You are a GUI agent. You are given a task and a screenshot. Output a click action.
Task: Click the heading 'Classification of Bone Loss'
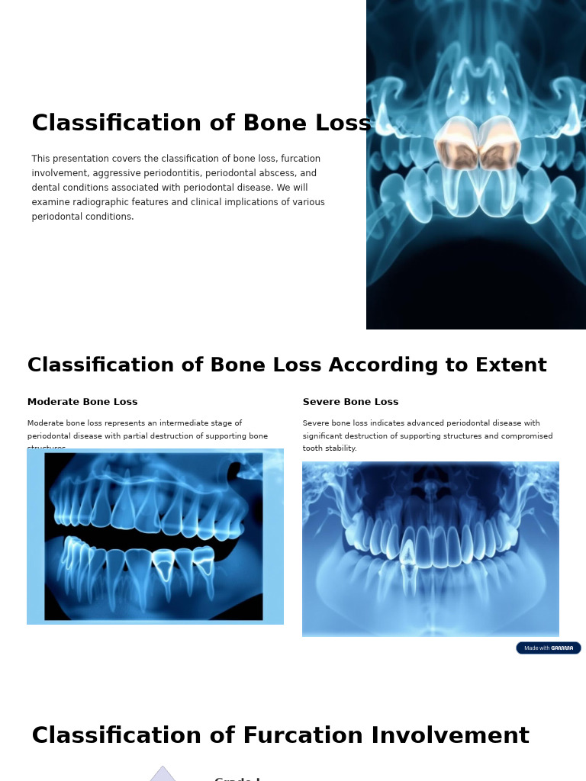tap(201, 124)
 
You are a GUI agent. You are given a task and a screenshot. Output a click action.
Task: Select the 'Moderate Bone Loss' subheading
tap(82, 402)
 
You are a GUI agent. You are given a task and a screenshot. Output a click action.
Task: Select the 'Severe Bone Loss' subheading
tap(350, 402)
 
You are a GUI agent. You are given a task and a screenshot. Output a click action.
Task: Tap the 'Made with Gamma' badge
tap(548, 648)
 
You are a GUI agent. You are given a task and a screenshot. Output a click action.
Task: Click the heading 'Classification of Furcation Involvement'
tap(280, 736)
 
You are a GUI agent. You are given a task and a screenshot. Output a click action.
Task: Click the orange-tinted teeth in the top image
tap(478, 144)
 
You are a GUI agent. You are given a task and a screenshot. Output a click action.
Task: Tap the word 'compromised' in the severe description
tap(526, 436)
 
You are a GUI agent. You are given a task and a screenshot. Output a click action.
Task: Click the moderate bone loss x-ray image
tap(155, 536)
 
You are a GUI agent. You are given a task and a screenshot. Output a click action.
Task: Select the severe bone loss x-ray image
tap(430, 549)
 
